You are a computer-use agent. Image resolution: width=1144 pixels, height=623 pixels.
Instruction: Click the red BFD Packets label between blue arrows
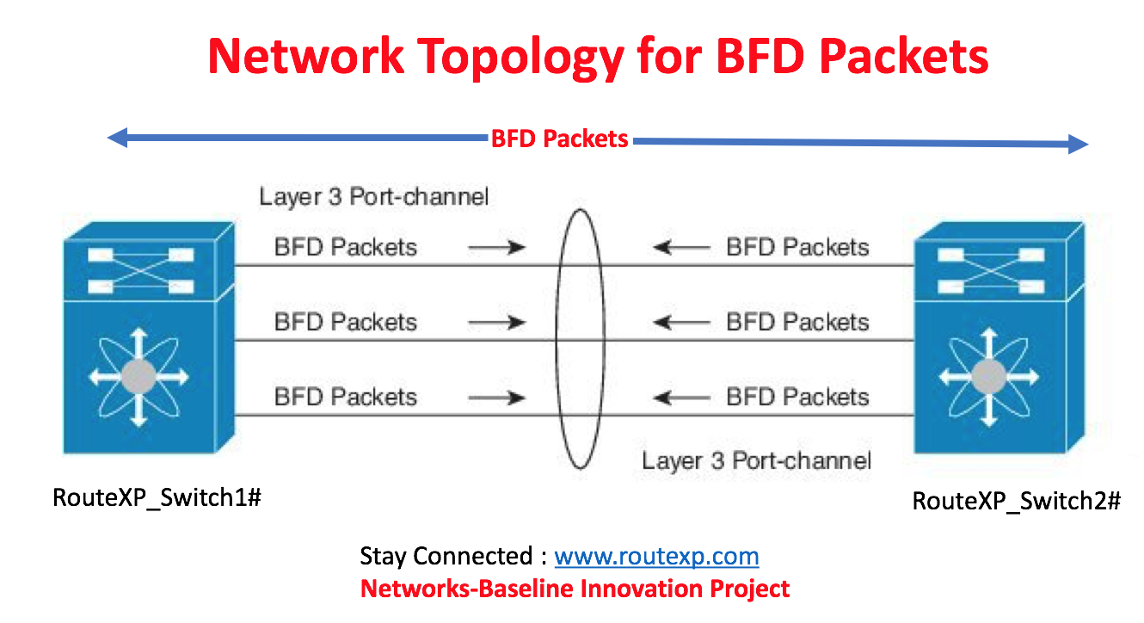click(x=559, y=139)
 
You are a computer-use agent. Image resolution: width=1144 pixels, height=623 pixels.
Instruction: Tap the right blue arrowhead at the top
click(x=1079, y=145)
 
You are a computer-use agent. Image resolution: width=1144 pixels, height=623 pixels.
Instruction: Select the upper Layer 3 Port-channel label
click(x=373, y=196)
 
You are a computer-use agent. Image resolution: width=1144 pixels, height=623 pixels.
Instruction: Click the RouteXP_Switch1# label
click(x=157, y=497)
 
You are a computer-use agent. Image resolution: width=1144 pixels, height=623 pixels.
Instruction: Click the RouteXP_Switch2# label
click(x=1016, y=501)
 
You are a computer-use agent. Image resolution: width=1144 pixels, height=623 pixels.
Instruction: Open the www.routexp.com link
click(x=656, y=556)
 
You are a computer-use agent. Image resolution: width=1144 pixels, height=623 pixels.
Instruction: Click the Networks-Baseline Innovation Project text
click(x=574, y=589)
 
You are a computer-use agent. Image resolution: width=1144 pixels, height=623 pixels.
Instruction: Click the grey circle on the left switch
click(x=138, y=376)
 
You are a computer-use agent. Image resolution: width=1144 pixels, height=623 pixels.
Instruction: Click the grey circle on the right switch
click(x=988, y=376)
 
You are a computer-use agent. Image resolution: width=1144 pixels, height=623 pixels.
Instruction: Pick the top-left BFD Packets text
click(x=345, y=248)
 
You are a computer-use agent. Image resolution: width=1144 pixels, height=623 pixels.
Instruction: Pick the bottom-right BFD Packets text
click(x=797, y=397)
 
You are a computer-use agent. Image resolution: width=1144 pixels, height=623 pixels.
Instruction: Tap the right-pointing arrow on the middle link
click(x=496, y=323)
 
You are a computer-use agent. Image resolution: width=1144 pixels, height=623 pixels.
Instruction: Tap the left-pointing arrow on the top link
click(x=680, y=248)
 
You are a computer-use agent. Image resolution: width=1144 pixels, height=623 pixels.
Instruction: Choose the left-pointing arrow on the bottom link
click(x=680, y=398)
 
